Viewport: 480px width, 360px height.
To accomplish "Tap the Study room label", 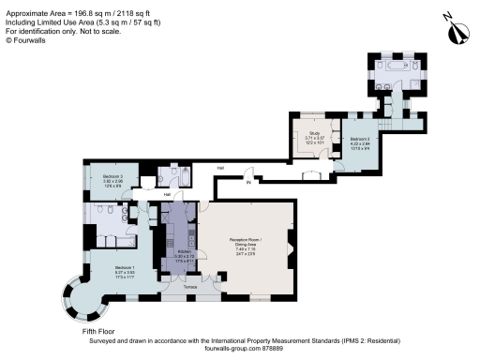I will pyautogui.click(x=314, y=133).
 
